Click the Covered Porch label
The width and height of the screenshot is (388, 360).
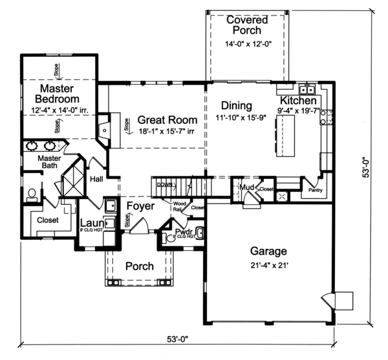tap(244, 25)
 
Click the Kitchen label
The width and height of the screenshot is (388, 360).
tap(298, 101)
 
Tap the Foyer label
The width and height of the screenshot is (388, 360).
tap(140, 206)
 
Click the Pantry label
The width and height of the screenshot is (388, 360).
tap(315, 191)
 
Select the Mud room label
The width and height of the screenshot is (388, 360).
tap(245, 188)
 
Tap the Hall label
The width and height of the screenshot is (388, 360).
tap(97, 179)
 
